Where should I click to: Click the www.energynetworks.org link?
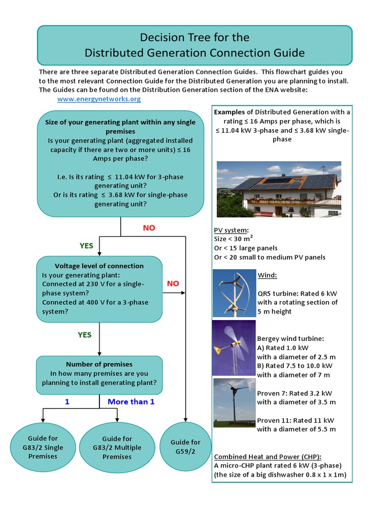click(x=99, y=99)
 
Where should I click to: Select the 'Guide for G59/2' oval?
click(x=185, y=446)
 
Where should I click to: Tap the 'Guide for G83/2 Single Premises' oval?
click(x=43, y=447)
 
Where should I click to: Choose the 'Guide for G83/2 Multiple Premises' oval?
click(x=117, y=447)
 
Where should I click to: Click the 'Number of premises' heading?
click(x=99, y=364)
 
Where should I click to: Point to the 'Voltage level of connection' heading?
click(x=99, y=266)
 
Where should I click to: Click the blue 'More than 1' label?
click(x=131, y=401)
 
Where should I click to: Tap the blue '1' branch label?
click(x=67, y=401)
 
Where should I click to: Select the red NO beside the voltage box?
click(x=173, y=283)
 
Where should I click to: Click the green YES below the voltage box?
click(x=84, y=335)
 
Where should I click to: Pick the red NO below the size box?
click(x=149, y=228)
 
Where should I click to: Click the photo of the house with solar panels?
click(x=279, y=189)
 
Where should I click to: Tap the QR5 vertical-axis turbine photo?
click(x=234, y=293)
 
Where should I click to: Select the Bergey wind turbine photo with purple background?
click(x=234, y=348)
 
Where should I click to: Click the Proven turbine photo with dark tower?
click(x=234, y=402)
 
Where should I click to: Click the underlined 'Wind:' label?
click(x=267, y=275)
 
